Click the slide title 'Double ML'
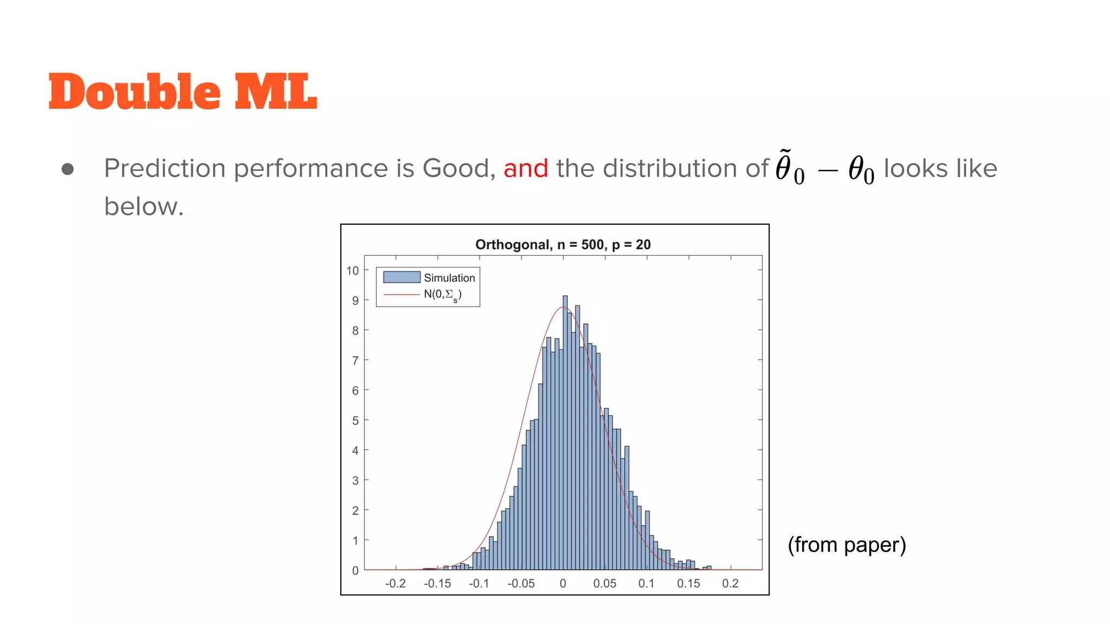tap(183, 92)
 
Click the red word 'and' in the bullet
tap(525, 168)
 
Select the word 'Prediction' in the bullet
tap(165, 168)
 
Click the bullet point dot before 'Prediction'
tap(68, 170)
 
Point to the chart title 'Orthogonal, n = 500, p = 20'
tap(563, 245)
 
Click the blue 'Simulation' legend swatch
tap(402, 277)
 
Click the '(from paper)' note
tap(847, 545)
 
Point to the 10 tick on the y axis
tap(353, 271)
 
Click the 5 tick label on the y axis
tap(356, 421)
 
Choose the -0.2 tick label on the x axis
tap(395, 584)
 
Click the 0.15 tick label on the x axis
tap(688, 584)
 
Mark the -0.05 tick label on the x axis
tap(521, 584)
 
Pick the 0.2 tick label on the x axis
tap(730, 584)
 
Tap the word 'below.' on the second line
tap(144, 207)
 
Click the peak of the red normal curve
tap(563, 307)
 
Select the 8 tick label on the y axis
tap(356, 330)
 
